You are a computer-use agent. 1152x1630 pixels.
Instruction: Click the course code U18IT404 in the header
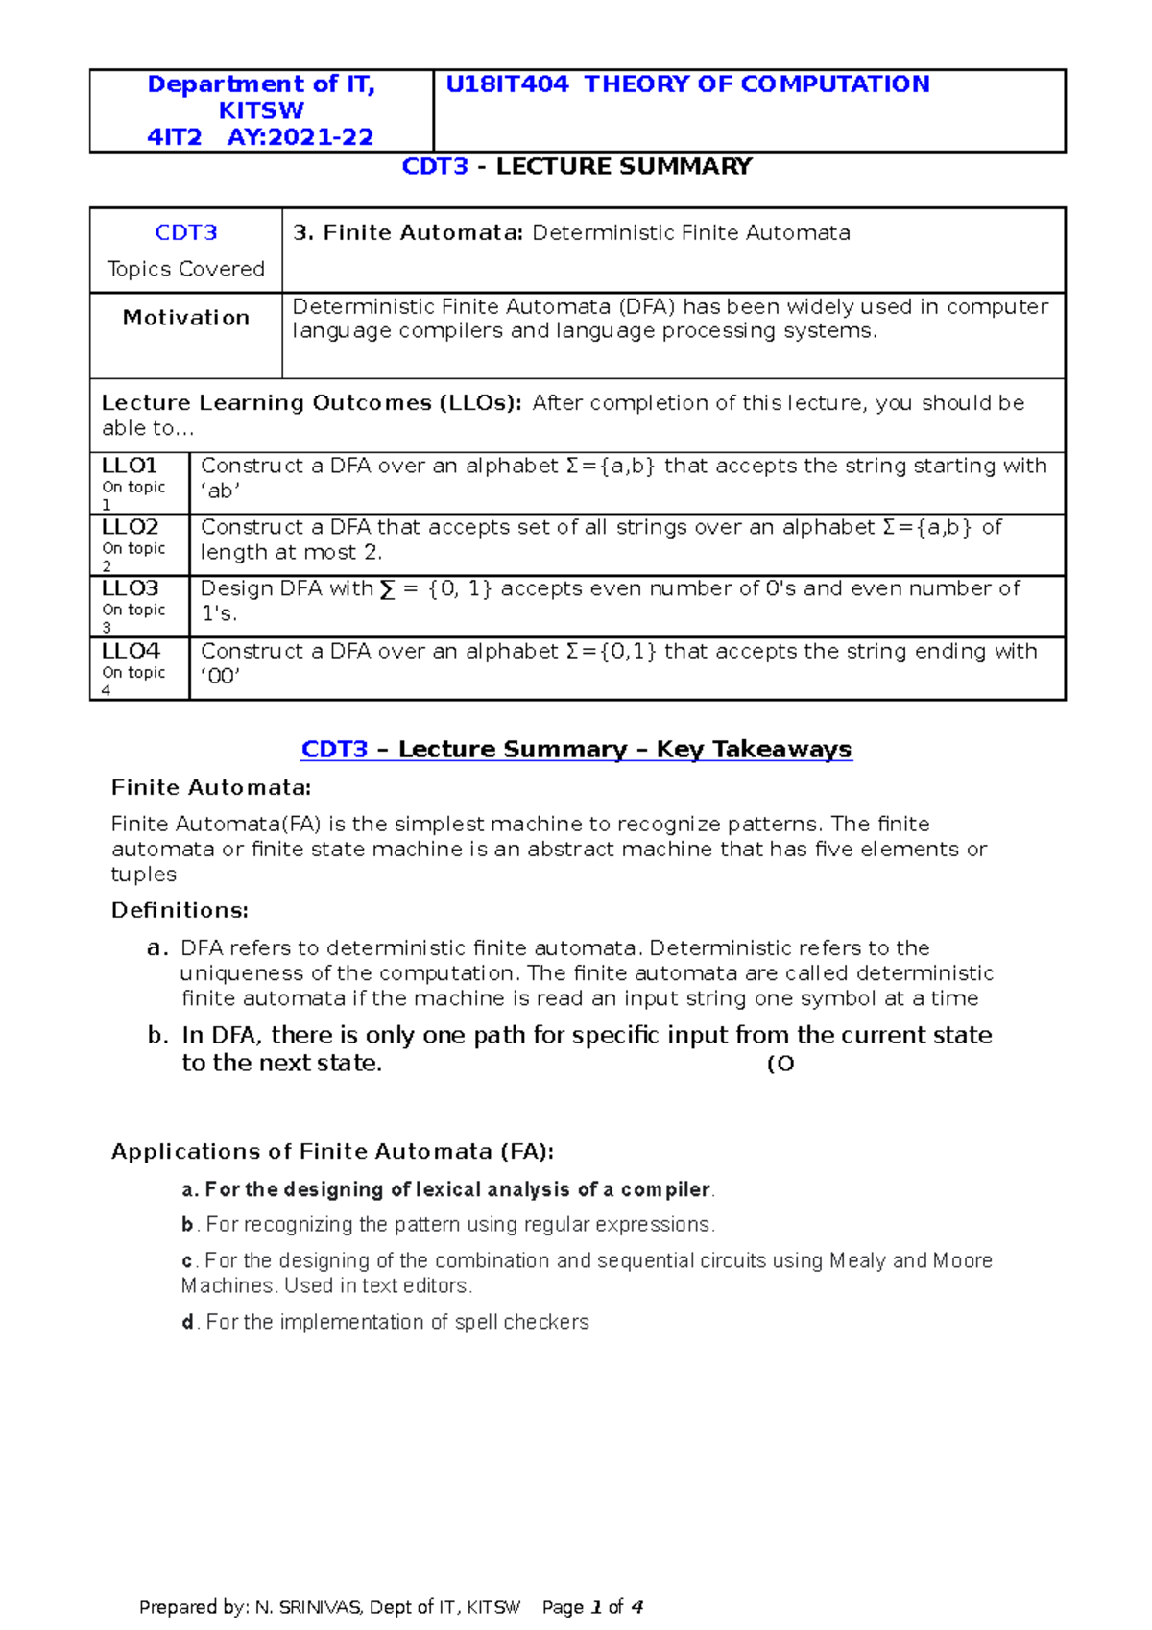507,84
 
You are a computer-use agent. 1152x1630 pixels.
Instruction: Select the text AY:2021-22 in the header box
300,137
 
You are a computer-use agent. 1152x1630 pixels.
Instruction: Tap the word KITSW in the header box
261,110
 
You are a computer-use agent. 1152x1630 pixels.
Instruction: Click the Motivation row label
186,318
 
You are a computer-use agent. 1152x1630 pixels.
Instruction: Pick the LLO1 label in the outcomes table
129,466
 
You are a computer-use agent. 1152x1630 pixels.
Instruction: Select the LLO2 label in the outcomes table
130,527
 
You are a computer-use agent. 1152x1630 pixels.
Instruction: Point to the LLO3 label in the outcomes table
130,588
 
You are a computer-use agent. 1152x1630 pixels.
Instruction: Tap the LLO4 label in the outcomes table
130,651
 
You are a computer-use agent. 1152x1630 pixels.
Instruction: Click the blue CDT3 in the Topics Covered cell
186,233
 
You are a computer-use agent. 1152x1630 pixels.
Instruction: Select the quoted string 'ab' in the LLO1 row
220,491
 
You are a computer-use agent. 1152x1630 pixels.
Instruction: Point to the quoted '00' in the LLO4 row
220,676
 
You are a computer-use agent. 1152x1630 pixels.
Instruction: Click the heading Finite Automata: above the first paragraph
211,788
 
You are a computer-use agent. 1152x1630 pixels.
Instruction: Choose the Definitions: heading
180,910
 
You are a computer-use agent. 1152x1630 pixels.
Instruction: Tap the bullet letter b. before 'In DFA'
157,1036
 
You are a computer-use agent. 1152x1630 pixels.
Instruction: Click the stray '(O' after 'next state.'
780,1064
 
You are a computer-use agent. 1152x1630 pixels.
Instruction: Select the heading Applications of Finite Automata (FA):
332,1152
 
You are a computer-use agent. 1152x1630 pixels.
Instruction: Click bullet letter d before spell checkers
187,1322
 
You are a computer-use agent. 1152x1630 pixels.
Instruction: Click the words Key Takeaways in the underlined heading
754,750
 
